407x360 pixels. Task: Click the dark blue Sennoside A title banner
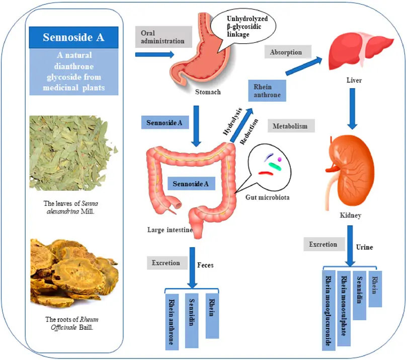[73, 37]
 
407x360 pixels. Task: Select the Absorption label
[286, 52]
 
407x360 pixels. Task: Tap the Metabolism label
[291, 126]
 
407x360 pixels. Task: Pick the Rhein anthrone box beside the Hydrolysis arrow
[267, 91]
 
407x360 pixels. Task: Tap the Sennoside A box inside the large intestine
[191, 184]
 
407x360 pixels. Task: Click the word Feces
[205, 264]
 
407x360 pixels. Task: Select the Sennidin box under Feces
[192, 320]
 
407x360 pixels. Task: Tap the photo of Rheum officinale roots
[73, 272]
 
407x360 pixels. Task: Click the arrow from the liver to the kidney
[352, 109]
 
